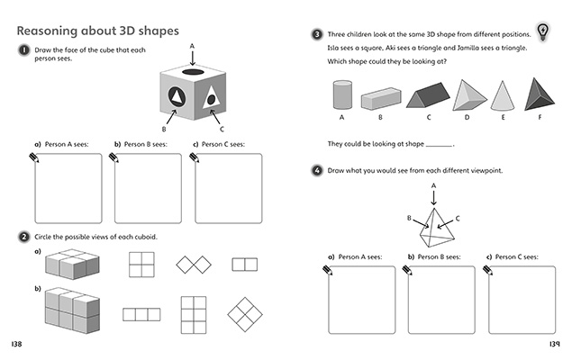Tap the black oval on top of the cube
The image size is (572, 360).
pos(192,71)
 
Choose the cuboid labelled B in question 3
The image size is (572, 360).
pos(379,97)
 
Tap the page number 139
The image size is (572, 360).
pos(554,345)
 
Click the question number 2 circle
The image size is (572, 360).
pos(23,236)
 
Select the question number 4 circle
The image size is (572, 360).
pos(317,170)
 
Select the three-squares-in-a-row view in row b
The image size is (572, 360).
pos(141,314)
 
